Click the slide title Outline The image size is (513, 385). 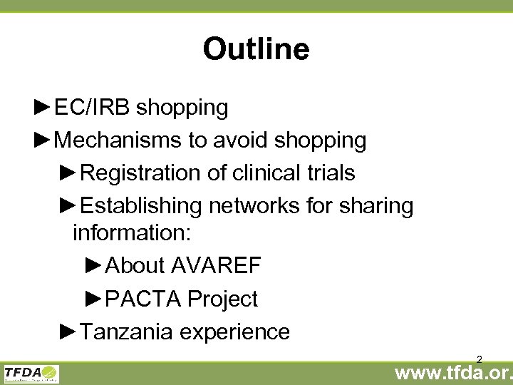[x=256, y=49]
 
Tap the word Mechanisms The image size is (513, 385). [x=118, y=140]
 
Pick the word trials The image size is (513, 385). [x=332, y=173]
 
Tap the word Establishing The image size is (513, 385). [x=142, y=206]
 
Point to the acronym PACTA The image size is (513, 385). [x=143, y=299]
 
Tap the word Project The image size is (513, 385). [x=222, y=299]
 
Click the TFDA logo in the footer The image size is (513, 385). [x=31, y=373]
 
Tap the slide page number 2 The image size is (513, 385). [x=480, y=359]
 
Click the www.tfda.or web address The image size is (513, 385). [x=454, y=373]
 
